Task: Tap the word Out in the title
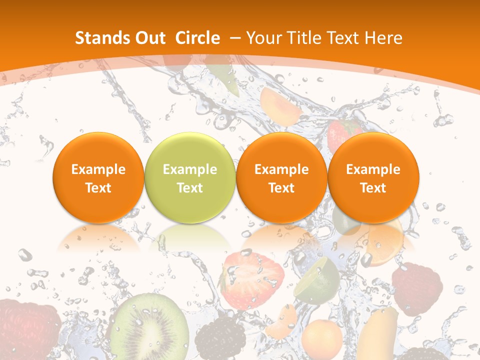[148, 38]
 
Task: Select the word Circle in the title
[197, 38]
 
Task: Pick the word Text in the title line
[341, 38]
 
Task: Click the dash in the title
[234, 38]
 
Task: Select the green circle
[189, 177]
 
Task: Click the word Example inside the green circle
[189, 169]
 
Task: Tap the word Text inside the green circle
[189, 188]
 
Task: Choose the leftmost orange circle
[98, 177]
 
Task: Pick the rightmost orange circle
[373, 177]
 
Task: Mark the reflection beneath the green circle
[189, 237]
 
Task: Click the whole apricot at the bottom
[322, 340]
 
